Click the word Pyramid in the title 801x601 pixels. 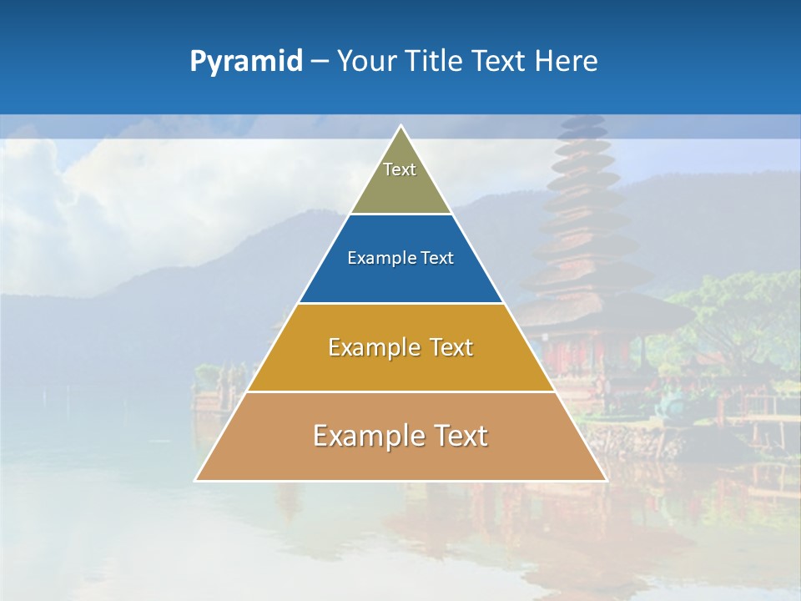[245, 62]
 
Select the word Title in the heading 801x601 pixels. [436, 62]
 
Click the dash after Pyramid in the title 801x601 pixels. [319, 62]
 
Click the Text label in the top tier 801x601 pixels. [400, 169]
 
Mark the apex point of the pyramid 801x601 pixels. [400, 126]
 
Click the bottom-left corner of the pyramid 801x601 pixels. [196, 480]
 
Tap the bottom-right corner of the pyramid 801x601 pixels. [605, 480]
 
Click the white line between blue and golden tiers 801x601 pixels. [400, 303]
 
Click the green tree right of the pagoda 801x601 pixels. [734, 317]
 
